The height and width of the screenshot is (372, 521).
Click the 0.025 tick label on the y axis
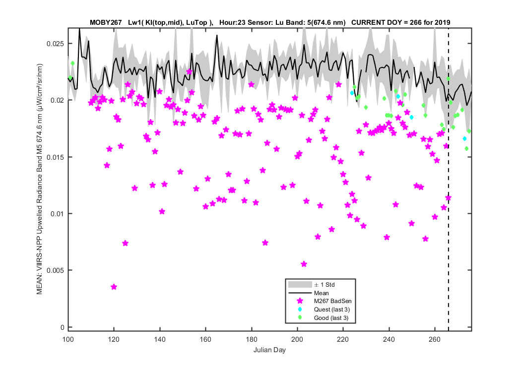coord(55,44)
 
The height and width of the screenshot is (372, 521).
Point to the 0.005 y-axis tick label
coord(55,270)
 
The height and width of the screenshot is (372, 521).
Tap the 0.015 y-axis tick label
coord(55,157)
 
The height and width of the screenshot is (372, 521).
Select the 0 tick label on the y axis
coord(62,327)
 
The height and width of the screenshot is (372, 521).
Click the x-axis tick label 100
coord(68,339)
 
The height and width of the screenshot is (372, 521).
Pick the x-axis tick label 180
coord(252,339)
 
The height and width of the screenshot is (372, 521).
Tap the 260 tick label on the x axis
coord(435,339)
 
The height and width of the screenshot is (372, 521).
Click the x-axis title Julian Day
coord(269,350)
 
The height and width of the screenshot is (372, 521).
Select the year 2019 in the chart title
coord(443,23)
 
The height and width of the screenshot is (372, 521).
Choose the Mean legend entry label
coord(322,293)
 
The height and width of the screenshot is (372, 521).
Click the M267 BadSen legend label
coord(332,301)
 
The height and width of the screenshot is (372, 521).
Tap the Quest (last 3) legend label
coord(332,310)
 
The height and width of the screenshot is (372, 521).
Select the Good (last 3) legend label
coord(331,318)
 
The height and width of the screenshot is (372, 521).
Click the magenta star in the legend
coord(300,301)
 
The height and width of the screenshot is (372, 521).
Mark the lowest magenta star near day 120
coord(114,287)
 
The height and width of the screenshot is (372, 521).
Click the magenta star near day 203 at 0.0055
coord(304,264)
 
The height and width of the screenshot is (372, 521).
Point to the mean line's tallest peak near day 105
coord(79,29)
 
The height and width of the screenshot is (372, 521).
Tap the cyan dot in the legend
coord(300,309)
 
